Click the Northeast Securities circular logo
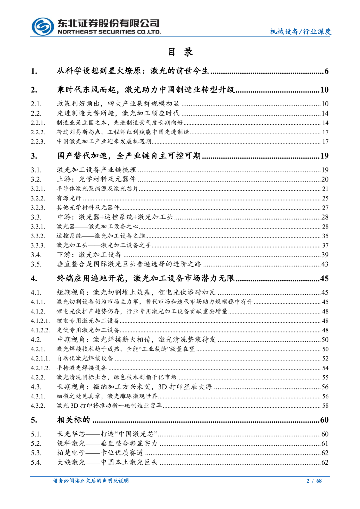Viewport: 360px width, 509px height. coord(43,27)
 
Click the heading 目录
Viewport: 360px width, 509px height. coord(180,52)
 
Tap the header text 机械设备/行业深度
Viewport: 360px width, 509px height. coord(300,32)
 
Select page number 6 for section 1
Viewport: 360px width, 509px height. coord(326,71)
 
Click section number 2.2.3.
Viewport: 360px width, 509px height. coord(38,142)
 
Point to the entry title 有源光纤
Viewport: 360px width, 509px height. coord(69,198)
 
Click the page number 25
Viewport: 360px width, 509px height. coord(325,198)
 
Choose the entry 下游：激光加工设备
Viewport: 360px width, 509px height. coord(89,255)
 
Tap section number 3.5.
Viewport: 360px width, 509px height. coord(36,264)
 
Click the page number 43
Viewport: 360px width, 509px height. coord(325,264)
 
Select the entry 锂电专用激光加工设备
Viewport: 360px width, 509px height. coord(88,321)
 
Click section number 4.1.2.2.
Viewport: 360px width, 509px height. coord(40,330)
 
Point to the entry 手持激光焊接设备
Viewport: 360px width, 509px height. coord(82,368)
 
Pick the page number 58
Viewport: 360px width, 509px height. coord(325,406)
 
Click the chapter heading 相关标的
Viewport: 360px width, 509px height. coord(74,420)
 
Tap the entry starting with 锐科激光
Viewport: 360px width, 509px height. coord(107,444)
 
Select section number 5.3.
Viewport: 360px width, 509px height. coord(36,453)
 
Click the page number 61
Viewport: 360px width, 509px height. coord(325,444)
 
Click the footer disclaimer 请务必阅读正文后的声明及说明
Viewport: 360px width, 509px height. coord(91,481)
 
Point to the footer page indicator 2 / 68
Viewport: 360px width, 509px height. coord(314,481)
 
